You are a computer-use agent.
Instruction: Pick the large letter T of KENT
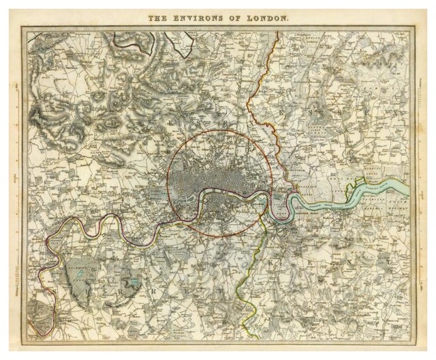pos(387,261)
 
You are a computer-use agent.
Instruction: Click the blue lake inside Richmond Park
pos(82,273)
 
